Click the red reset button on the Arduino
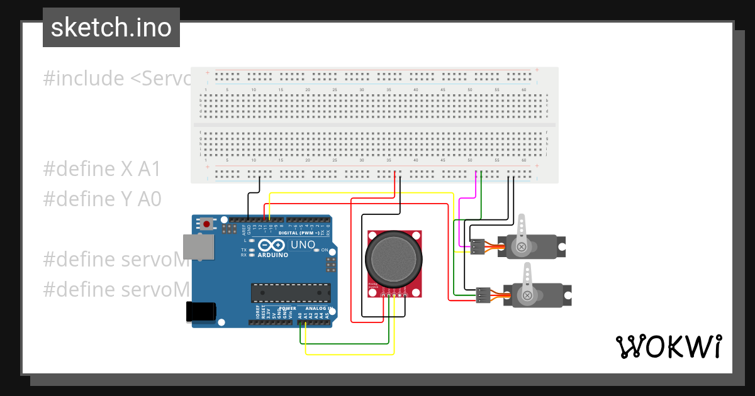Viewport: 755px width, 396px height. [206, 224]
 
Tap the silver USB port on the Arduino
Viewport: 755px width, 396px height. [197, 247]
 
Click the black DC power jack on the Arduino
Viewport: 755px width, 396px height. [201, 312]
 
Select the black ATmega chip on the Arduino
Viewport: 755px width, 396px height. [290, 293]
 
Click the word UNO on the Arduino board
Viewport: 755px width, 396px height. [302, 245]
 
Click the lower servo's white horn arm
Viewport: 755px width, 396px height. [525, 281]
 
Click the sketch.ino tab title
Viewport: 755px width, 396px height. [111, 28]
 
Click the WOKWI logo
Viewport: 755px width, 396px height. [668, 346]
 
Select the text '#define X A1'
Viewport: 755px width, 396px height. [102, 169]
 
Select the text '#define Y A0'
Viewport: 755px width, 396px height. [102, 199]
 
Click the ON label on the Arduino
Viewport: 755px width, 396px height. [325, 250]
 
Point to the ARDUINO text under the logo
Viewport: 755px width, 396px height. [272, 255]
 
